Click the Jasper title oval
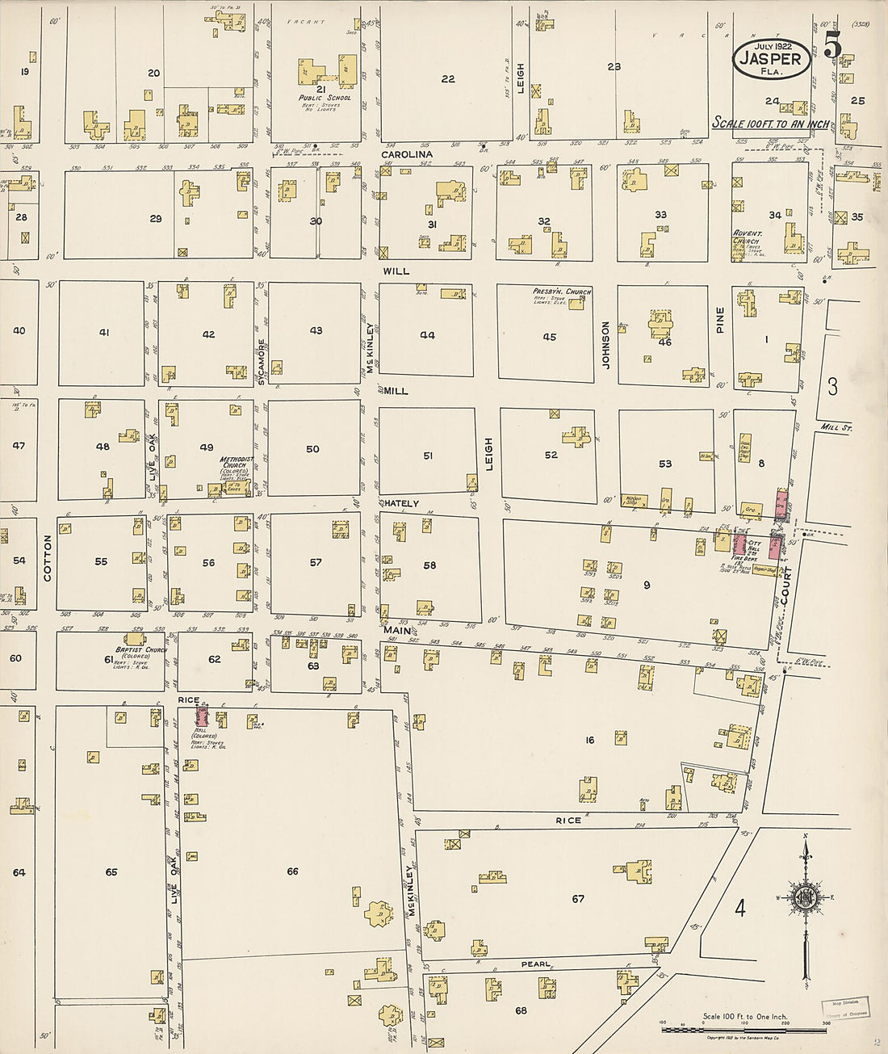click(x=771, y=59)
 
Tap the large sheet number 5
click(x=832, y=47)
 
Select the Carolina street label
click(x=407, y=154)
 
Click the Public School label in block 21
click(x=325, y=98)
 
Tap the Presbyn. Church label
click(x=562, y=292)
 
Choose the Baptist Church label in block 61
click(x=140, y=650)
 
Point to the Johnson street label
click(x=605, y=346)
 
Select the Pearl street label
click(x=535, y=964)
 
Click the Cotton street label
click(x=47, y=558)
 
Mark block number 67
click(x=578, y=898)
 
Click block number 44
click(x=427, y=335)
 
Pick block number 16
click(x=590, y=740)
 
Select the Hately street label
click(x=401, y=503)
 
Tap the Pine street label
click(x=720, y=320)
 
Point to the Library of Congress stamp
click(x=845, y=1009)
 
